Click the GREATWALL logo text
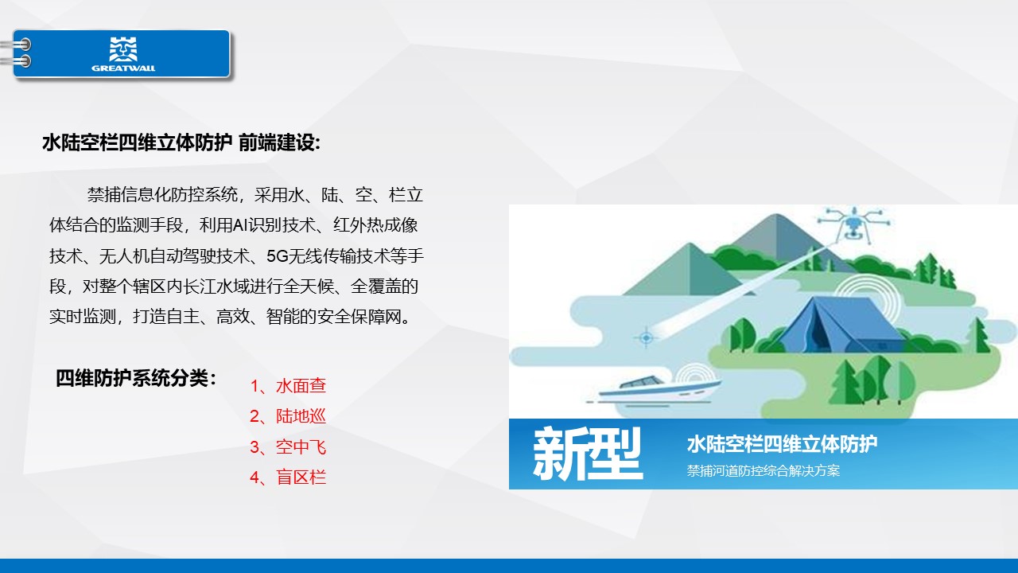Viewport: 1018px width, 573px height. (x=123, y=68)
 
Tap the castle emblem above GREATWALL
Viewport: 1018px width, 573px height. (x=123, y=49)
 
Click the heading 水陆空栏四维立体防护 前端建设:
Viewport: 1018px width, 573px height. (x=182, y=142)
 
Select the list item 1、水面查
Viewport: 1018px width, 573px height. (x=288, y=386)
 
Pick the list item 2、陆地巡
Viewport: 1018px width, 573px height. (x=288, y=416)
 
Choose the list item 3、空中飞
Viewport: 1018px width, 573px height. (x=288, y=447)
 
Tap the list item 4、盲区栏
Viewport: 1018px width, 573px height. (x=288, y=477)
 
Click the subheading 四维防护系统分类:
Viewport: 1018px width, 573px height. (x=136, y=378)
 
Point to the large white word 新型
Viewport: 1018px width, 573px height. (x=588, y=454)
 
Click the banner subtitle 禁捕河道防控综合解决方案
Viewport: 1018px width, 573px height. (x=763, y=470)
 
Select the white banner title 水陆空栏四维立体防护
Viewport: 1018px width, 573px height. (x=782, y=444)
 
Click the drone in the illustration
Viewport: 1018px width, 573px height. (x=854, y=224)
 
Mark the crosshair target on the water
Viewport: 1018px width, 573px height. (x=647, y=338)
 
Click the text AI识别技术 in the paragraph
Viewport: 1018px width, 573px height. (x=274, y=225)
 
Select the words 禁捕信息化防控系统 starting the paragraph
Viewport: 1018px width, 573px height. (x=162, y=195)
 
